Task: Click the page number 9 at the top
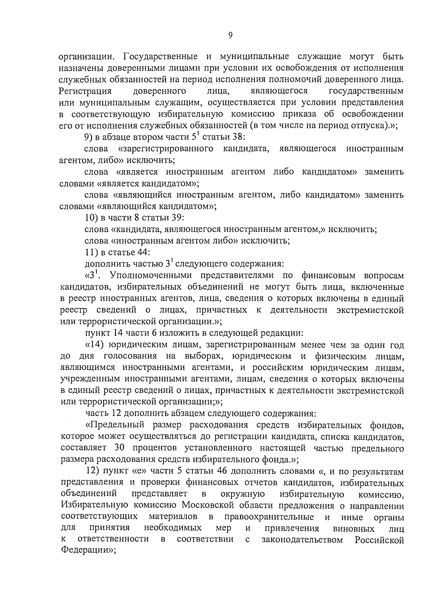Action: click(230, 35)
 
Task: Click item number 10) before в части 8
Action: click(91, 218)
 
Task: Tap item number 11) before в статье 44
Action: click(91, 252)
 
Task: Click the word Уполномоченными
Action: click(148, 275)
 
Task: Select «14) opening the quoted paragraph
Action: click(96, 345)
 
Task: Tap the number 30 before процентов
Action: click(120, 448)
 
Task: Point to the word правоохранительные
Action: click(269, 517)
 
